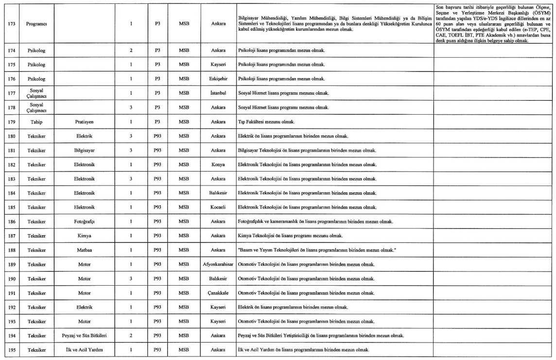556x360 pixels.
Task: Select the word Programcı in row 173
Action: coord(30,23)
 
